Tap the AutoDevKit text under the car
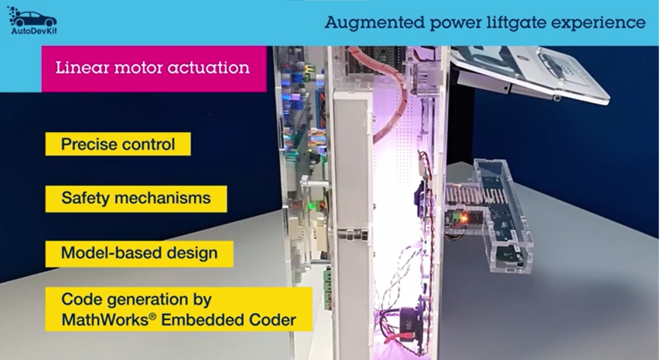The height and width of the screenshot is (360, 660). (34, 32)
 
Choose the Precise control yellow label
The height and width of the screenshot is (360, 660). (118, 144)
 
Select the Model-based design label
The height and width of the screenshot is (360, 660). (139, 253)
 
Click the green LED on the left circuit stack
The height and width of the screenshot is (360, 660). (310, 206)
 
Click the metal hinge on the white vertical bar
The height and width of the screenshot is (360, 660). (353, 233)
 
